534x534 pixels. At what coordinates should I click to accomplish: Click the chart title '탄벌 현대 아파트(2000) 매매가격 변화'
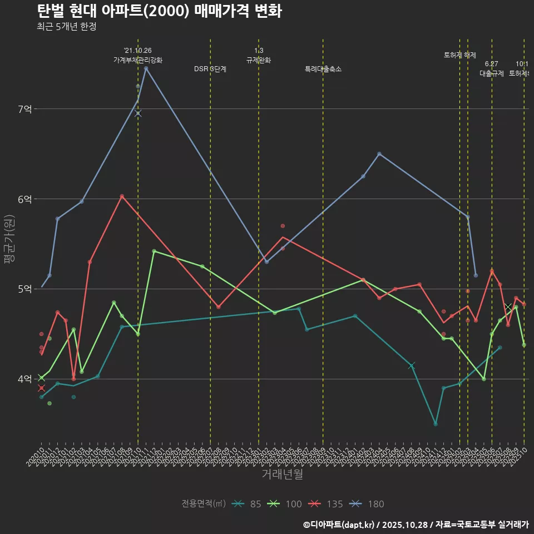159,11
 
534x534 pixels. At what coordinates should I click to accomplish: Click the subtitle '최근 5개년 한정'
67,27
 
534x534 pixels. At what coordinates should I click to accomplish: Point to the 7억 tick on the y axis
24,109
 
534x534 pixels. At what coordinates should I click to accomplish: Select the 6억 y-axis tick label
24,199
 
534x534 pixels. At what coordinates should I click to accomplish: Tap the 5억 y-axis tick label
24,289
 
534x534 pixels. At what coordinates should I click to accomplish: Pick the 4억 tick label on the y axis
24,379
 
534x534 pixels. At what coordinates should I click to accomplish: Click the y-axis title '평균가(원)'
10,245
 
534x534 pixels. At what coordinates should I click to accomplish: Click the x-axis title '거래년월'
282,474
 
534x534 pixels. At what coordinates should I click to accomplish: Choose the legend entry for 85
248,504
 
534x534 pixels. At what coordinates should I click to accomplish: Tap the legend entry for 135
327,504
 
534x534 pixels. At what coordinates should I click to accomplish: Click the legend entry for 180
368,504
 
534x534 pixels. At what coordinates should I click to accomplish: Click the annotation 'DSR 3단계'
210,69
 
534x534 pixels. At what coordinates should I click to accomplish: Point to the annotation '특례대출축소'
323,69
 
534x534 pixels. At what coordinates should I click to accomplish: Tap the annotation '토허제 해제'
460,55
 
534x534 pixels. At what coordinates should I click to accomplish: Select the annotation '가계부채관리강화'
138,60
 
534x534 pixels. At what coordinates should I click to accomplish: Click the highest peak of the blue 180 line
146,68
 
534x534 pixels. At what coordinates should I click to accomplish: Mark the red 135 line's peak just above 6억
122,196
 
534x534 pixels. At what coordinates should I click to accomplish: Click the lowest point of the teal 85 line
436,424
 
